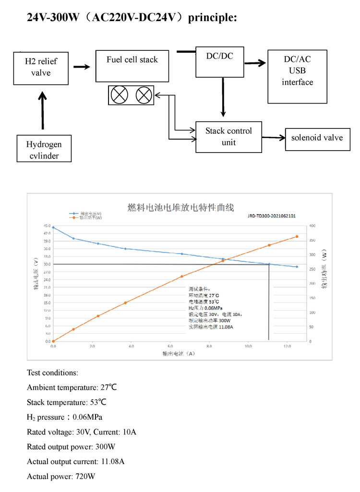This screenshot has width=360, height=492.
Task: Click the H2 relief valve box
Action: pos(41,67)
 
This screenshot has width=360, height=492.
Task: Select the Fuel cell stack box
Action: pos(132,65)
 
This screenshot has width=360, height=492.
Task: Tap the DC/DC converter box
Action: pos(220,61)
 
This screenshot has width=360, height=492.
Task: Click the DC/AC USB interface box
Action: pos(297,76)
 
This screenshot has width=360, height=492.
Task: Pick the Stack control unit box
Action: pos(228,137)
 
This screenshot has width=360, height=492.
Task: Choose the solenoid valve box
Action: pos(317,138)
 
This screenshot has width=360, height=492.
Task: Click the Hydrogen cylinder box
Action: pos(44,149)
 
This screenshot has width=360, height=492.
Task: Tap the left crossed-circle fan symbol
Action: pos(118,95)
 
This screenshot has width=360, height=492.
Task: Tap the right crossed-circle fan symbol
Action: pos(143,95)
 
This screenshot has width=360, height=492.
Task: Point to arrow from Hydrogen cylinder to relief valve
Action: pos(43,110)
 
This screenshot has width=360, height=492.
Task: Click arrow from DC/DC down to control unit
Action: pos(223,97)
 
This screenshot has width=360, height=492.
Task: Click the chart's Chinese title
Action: pos(180,208)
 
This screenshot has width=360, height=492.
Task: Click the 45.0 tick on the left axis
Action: pos(47,225)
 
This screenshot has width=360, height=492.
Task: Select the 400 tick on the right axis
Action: pos(312,225)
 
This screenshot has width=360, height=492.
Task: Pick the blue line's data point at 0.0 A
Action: pos(53,227)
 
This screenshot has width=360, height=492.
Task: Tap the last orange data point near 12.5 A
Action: pos(297,236)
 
